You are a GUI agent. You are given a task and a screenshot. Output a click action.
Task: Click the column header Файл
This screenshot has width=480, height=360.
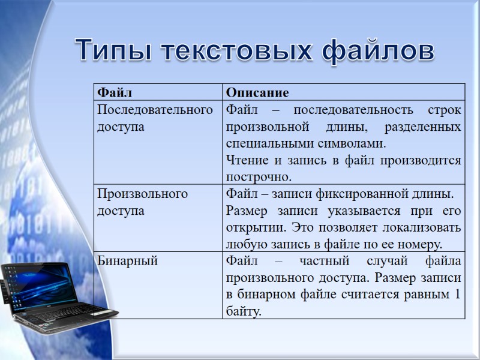coord(115,92)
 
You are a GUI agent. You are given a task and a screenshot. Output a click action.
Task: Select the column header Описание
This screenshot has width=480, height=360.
coord(257,92)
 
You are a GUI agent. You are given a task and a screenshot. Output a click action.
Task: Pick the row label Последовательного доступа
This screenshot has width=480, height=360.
coord(155,118)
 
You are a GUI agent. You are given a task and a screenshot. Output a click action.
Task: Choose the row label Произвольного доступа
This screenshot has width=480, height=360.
coord(142,202)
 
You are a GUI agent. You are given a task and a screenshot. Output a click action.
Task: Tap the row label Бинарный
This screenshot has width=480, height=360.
coord(127,261)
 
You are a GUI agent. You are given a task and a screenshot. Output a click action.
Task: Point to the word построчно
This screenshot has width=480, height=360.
coord(258,177)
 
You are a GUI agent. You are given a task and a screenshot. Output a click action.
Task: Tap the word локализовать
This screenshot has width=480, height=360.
coord(419,228)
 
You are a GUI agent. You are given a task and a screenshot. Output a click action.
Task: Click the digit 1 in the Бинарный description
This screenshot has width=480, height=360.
coord(457,295)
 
